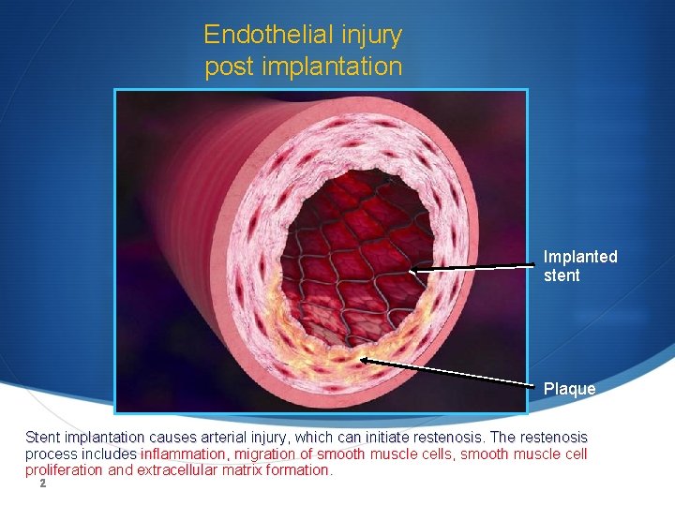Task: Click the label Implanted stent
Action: [580, 266]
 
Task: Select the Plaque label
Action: [569, 389]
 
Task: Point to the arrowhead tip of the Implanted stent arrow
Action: [413, 272]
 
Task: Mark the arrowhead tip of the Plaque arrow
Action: [360, 359]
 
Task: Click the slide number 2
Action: [42, 484]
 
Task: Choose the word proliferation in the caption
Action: [65, 470]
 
